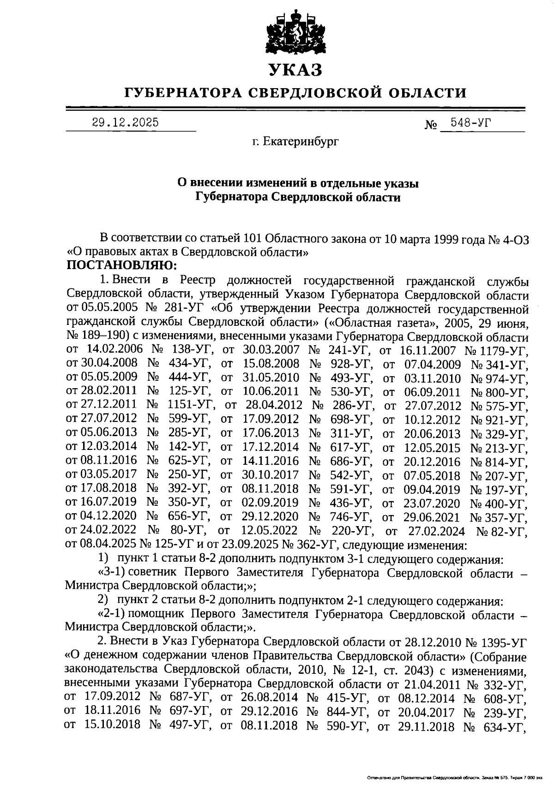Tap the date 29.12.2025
tap(125, 123)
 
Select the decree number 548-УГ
tap(471, 123)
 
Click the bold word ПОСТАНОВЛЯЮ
tap(122, 266)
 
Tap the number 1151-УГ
tap(191, 405)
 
